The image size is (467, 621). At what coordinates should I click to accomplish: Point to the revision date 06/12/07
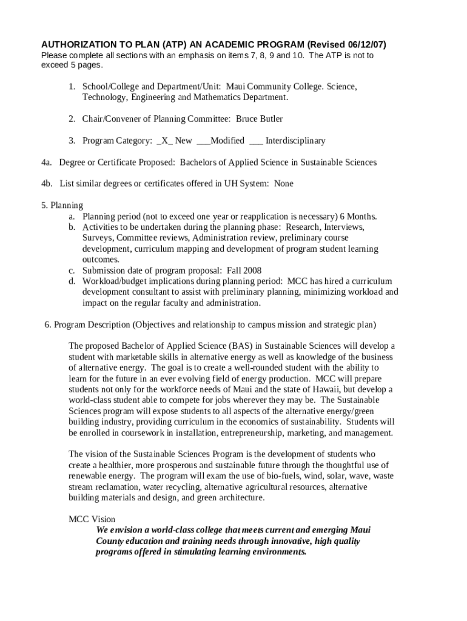coord(364,45)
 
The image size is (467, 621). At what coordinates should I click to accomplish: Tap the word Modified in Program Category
coord(227,141)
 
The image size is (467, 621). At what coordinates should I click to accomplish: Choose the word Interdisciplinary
coord(295,141)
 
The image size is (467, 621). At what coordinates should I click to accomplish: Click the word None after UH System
coord(284,184)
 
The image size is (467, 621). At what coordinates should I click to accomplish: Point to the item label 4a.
coord(47,163)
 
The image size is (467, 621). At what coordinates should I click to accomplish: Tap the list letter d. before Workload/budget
coord(72,281)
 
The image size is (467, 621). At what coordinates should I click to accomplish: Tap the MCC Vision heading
coord(92,520)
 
